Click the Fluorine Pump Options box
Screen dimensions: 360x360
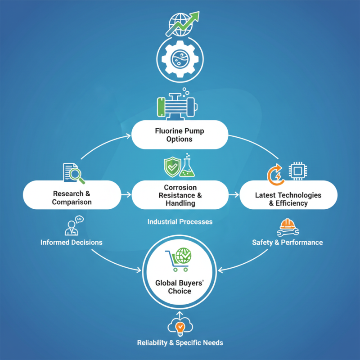[x=180, y=135]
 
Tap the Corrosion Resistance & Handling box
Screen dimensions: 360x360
[x=180, y=195]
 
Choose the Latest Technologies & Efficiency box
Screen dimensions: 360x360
[x=288, y=198]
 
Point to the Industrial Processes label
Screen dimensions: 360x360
[x=180, y=222]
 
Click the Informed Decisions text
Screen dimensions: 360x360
[x=72, y=243]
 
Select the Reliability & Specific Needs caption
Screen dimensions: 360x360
[x=180, y=343]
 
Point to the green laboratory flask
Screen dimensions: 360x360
[x=189, y=166]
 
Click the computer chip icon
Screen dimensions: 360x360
[x=297, y=171]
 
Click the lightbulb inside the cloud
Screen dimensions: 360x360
[x=180, y=326]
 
